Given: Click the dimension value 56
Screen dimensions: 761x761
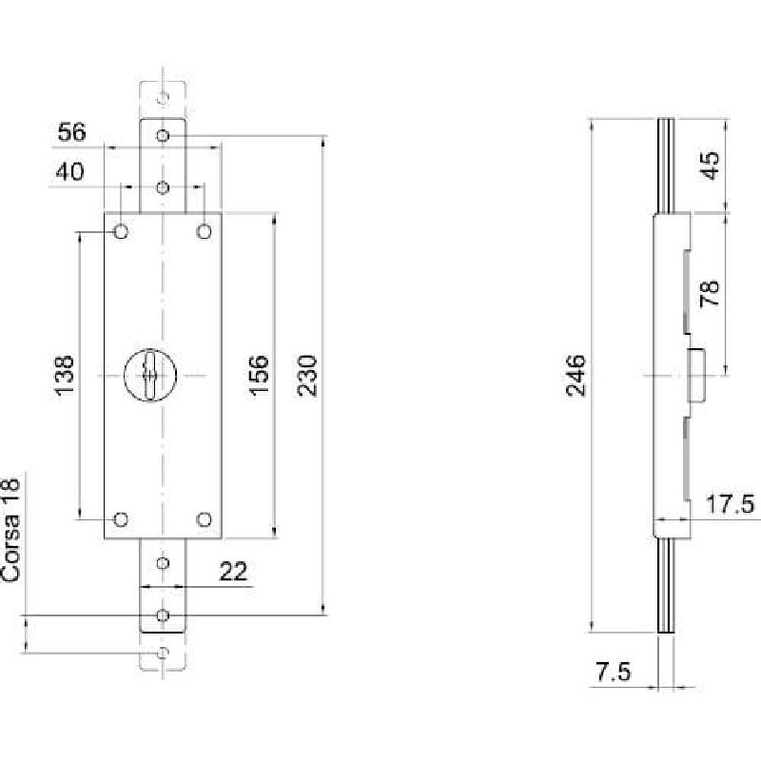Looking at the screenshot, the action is [72, 132].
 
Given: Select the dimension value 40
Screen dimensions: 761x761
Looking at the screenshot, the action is [69, 171].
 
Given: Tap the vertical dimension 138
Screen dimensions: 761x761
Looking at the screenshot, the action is [64, 376].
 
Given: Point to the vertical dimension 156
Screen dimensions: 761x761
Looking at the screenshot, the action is [259, 376].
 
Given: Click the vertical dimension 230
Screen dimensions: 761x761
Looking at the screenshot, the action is [307, 376].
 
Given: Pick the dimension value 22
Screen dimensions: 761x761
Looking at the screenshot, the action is [233, 572].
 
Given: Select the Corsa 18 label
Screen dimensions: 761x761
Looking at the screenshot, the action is [10, 530].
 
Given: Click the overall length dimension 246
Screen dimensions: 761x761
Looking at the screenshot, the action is [576, 376].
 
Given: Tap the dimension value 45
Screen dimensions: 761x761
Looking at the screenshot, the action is [711, 166].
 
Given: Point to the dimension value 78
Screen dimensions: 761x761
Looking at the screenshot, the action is [710, 293].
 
